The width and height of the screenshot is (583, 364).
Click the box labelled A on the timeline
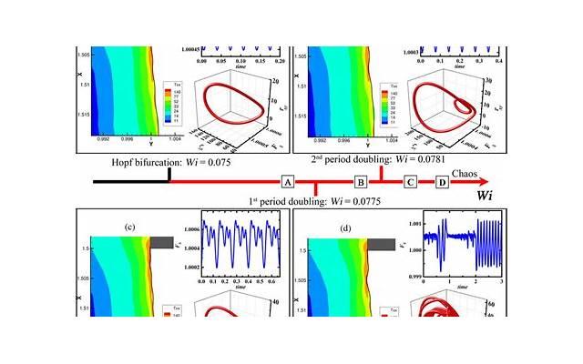pyautogui.click(x=288, y=182)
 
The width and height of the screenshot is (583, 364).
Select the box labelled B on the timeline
pyautogui.click(x=361, y=182)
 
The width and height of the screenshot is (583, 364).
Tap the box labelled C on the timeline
pyautogui.click(x=411, y=182)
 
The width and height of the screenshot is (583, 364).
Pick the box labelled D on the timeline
pyautogui.click(x=442, y=182)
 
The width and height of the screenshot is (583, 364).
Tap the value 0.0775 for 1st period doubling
pyautogui.click(x=358, y=202)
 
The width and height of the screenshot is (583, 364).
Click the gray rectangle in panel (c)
pyautogui.click(x=160, y=241)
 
